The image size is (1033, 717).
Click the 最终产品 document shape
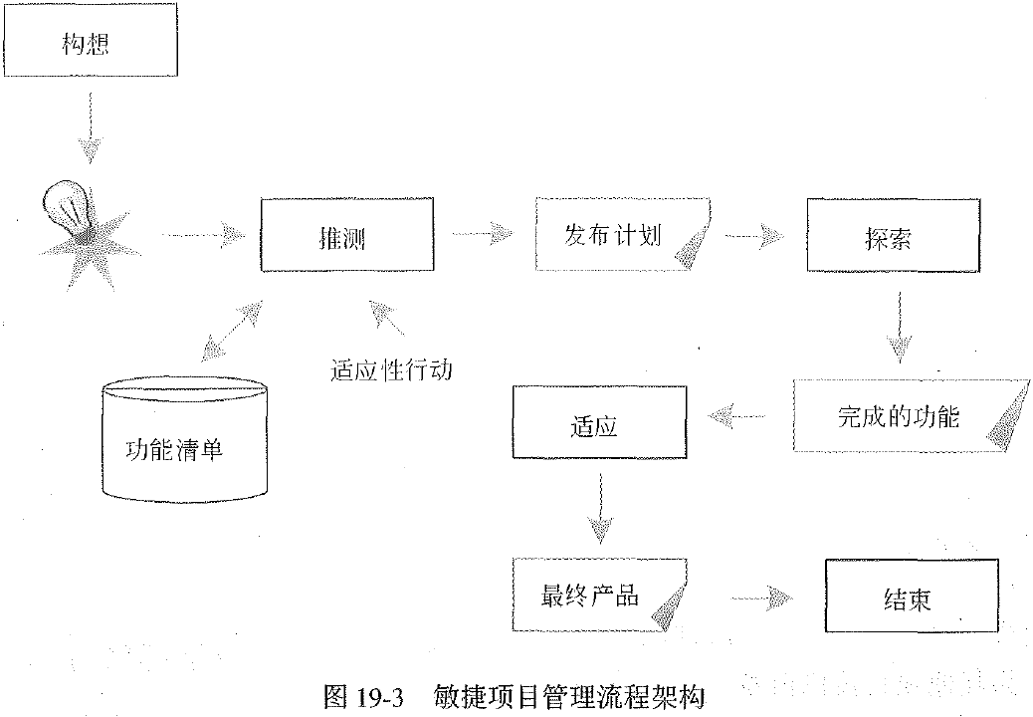(x=601, y=596)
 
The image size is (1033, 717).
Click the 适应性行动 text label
(x=391, y=370)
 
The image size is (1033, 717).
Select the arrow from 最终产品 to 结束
(x=761, y=598)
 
